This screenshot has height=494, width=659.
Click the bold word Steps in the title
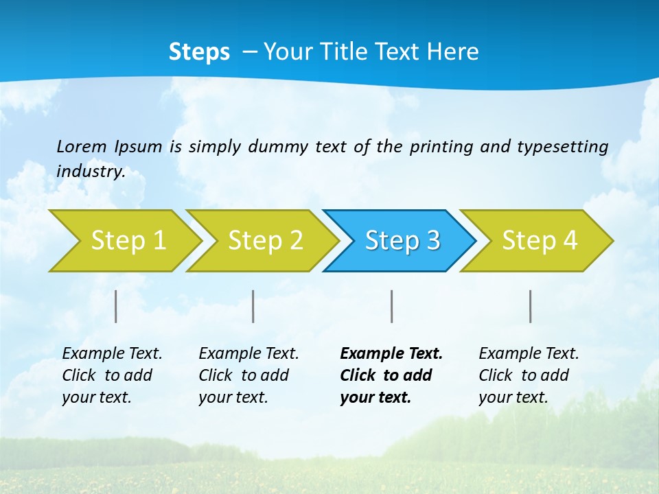tap(199, 52)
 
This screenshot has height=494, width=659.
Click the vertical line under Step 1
tap(116, 306)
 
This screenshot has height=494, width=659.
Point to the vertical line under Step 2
tap(253, 306)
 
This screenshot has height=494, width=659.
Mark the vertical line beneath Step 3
tap(391, 306)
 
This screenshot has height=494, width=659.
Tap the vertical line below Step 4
tap(530, 306)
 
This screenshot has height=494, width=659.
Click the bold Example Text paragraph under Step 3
tap(391, 375)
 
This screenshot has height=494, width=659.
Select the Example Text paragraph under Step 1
tap(112, 375)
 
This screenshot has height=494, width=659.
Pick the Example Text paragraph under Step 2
tap(248, 375)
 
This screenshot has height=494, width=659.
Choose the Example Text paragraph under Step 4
tap(529, 375)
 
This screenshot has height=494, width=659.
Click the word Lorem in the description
tap(82, 146)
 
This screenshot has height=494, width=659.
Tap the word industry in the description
tap(91, 172)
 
